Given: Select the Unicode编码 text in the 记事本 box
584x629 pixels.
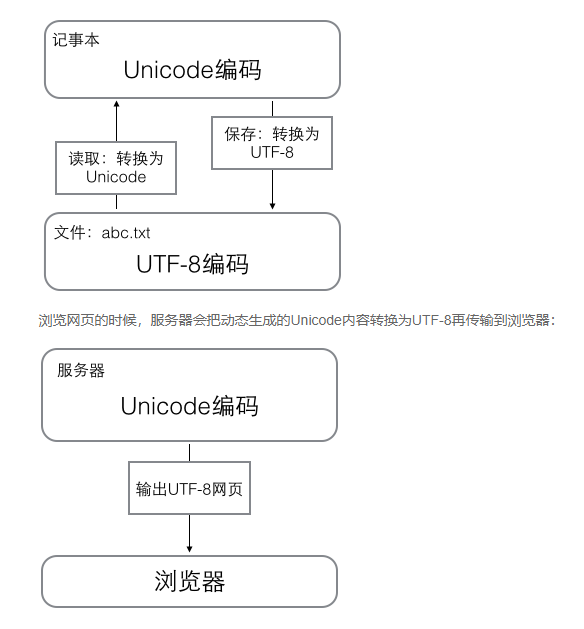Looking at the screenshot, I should [192, 69].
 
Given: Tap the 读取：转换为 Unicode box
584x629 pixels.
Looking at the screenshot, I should [116, 167].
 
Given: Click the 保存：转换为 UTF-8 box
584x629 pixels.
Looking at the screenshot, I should [272, 143].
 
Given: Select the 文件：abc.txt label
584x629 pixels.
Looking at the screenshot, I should [102, 232].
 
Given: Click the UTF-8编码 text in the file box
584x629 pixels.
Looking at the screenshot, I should [192, 264].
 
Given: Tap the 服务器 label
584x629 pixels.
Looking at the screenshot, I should [82, 370].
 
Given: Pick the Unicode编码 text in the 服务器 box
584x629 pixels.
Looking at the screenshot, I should [190, 406].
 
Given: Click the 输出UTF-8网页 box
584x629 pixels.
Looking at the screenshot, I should [190, 489].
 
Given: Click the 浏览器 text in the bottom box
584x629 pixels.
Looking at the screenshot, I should [190, 582].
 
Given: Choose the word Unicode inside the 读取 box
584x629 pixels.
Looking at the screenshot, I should [116, 177].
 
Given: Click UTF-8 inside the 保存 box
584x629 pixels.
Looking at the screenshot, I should [272, 153].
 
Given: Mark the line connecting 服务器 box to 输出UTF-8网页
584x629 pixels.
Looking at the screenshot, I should [190, 450].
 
